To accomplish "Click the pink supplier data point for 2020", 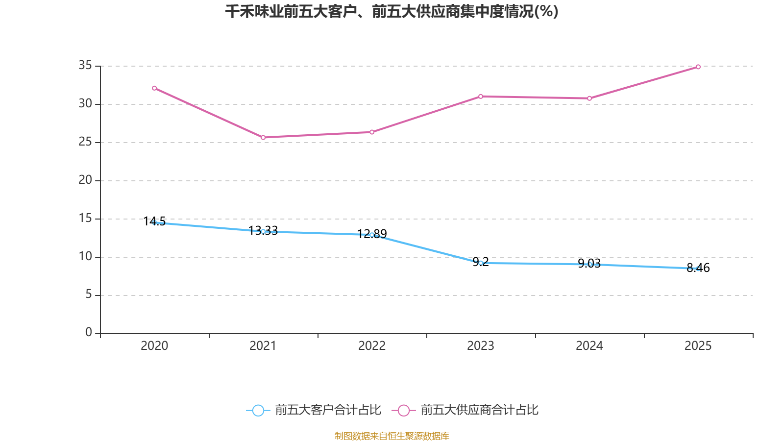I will (x=154, y=88).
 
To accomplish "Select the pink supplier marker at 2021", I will (x=263, y=138).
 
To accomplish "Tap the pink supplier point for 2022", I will (x=372, y=132).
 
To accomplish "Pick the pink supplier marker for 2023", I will (x=481, y=97).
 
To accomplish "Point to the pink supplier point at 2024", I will (x=589, y=98).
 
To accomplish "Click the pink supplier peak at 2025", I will (x=698, y=67).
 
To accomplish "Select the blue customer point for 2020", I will (x=154, y=222).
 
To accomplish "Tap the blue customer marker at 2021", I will (x=263, y=231).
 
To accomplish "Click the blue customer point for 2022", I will (x=372, y=235).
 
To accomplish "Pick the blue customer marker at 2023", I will (x=481, y=263).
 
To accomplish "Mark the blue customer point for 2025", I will (x=698, y=269).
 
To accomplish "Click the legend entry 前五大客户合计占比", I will (x=314, y=410).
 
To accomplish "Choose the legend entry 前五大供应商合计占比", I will (x=465, y=410).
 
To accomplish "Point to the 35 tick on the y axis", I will (x=85, y=65).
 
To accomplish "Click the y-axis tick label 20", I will (x=85, y=180).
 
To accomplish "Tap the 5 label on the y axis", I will (x=89, y=294).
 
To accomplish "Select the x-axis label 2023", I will (x=481, y=346).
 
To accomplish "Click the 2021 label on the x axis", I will (x=263, y=346).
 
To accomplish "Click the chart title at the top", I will (x=392, y=11).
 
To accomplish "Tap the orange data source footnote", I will (x=392, y=436).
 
